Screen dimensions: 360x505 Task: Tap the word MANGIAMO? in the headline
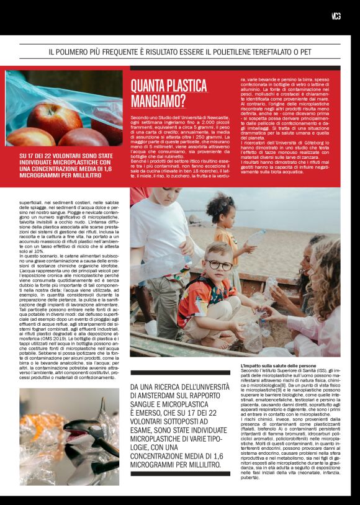click(158, 101)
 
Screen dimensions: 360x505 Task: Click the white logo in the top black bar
click(336, 16)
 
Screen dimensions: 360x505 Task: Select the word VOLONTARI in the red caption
click(68, 156)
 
